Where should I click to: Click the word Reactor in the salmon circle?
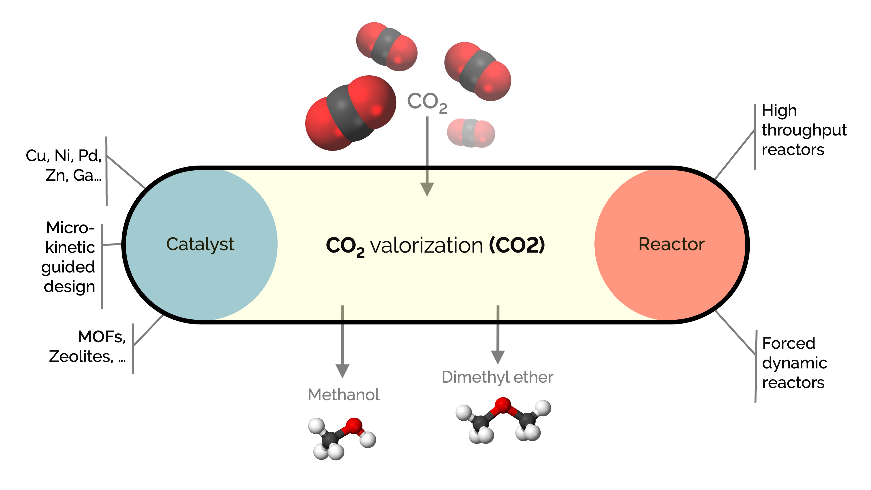671,244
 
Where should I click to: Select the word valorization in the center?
426,246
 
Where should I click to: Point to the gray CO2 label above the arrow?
427,102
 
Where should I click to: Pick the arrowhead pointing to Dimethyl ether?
498,357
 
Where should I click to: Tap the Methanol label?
343,395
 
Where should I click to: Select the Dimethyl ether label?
497,377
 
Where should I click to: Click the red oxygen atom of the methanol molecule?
354,426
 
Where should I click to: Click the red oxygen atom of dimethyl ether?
503,405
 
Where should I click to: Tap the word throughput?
804,131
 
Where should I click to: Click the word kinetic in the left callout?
70,248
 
